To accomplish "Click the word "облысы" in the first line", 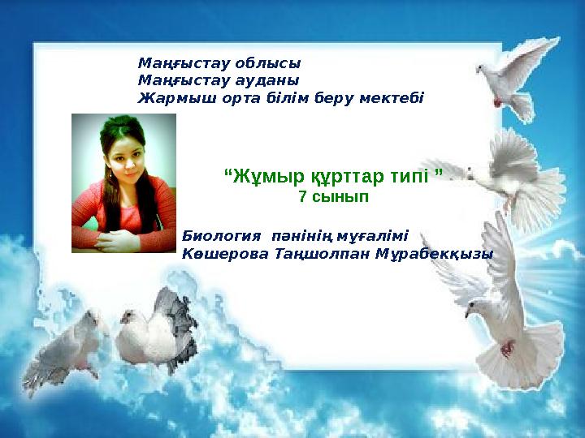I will pyautogui.click(x=267, y=62).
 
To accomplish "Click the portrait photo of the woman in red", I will pyautogui.click(x=123, y=183).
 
